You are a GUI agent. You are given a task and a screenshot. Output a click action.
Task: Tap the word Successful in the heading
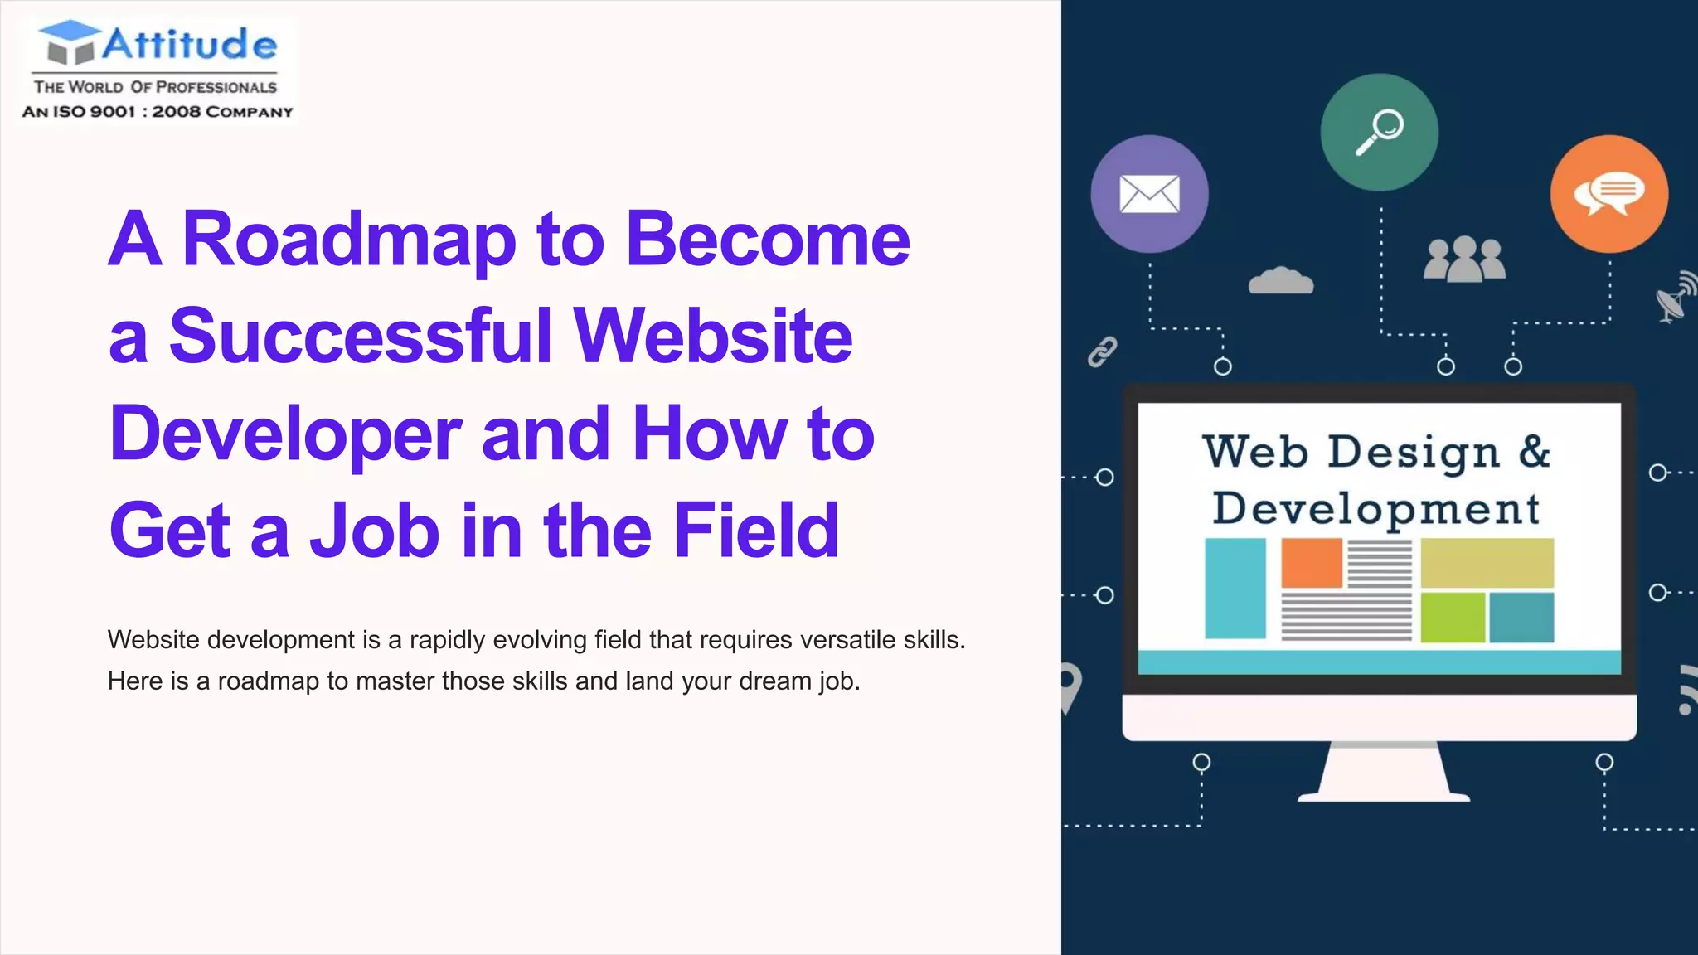click(x=361, y=337)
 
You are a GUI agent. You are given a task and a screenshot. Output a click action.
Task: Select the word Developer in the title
click(x=285, y=434)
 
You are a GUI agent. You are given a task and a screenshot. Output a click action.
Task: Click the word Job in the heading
click(x=374, y=531)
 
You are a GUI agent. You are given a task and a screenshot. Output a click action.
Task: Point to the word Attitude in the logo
click(x=190, y=44)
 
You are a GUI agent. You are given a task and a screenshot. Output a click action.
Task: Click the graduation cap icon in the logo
click(x=70, y=41)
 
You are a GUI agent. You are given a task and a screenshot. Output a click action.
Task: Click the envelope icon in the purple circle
click(x=1149, y=194)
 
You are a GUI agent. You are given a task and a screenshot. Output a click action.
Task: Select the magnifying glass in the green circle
click(x=1380, y=132)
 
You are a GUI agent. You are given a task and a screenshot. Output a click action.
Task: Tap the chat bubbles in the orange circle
click(x=1609, y=194)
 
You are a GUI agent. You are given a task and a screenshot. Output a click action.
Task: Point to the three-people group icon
click(x=1464, y=259)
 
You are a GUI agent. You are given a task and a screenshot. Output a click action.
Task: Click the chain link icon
click(x=1102, y=351)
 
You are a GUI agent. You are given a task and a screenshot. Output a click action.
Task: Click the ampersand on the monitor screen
click(x=1535, y=451)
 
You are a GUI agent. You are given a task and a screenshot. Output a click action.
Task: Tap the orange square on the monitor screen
click(x=1312, y=563)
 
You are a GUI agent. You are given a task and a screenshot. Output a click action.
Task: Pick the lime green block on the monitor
click(x=1453, y=618)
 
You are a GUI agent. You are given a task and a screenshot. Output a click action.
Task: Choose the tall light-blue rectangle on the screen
click(x=1235, y=589)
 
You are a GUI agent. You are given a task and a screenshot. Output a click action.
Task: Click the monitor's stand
click(x=1383, y=773)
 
